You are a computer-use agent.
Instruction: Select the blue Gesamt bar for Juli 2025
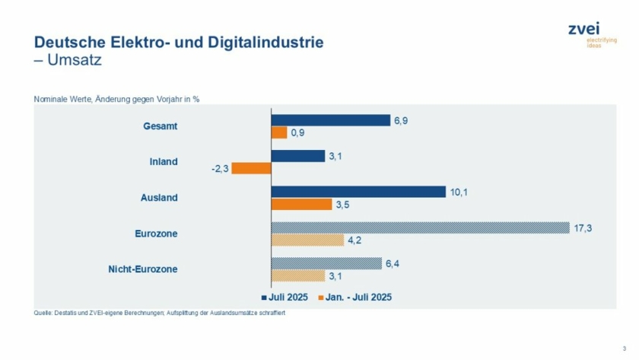point(331,120)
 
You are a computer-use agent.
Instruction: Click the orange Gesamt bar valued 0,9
point(279,132)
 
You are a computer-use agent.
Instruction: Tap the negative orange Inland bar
point(251,168)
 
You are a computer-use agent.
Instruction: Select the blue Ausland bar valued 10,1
point(358,192)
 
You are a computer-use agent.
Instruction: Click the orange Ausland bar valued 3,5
point(302,204)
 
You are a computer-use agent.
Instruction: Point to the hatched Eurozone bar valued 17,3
point(420,228)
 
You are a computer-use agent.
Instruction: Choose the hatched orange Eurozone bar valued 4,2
point(308,240)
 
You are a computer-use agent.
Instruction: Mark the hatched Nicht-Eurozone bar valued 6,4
point(326,263)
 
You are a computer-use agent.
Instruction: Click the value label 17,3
point(582,228)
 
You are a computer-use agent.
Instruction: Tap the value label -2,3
point(219,168)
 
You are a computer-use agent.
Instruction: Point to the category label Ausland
point(159,198)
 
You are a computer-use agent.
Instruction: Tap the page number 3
point(624,349)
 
